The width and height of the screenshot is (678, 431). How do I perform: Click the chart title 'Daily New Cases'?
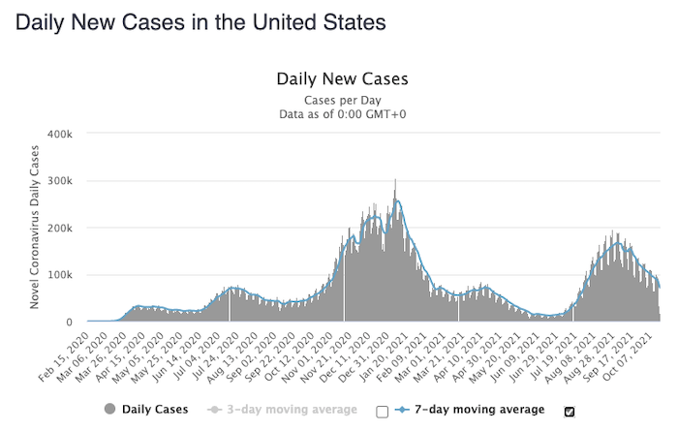point(343,79)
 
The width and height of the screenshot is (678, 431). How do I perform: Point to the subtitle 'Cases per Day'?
point(343,100)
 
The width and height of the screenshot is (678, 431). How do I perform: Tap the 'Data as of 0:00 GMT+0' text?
point(343,114)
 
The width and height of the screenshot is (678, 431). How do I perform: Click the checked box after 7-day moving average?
point(570,411)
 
